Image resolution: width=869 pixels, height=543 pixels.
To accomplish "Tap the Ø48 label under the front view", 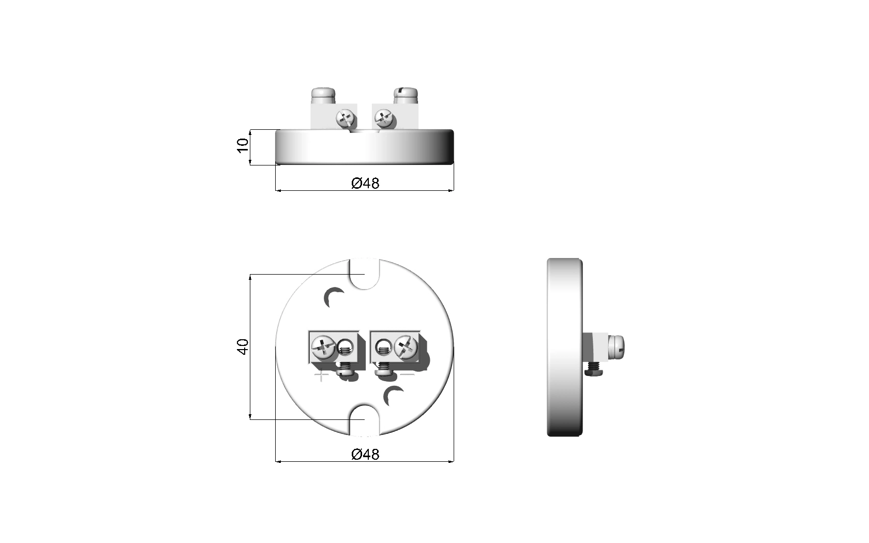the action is click(x=365, y=183).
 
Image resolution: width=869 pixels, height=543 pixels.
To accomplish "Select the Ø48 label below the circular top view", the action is click(x=365, y=454).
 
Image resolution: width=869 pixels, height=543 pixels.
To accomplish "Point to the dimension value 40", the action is click(x=243, y=346).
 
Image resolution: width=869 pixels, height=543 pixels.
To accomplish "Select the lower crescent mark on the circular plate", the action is click(x=393, y=396).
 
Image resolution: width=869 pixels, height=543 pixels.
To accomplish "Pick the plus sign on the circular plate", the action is click(x=321, y=375).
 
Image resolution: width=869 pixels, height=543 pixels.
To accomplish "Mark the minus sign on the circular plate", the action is click(x=408, y=374).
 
